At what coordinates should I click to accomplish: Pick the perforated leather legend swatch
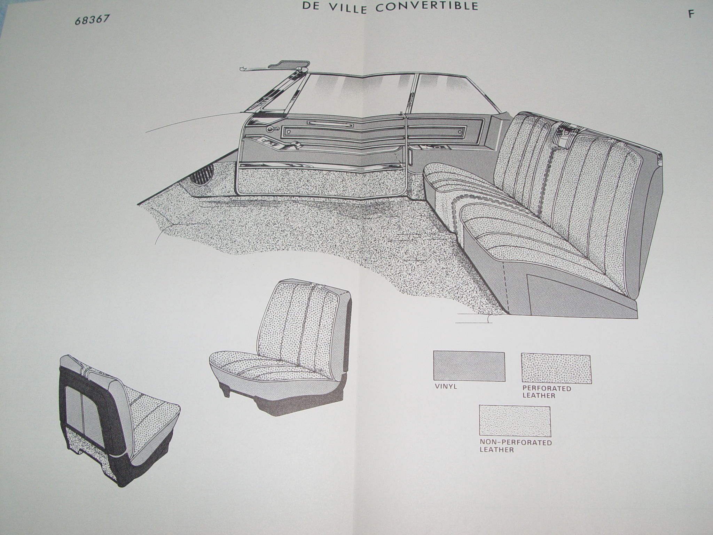556,369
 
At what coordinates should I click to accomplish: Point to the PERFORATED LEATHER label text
547,392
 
